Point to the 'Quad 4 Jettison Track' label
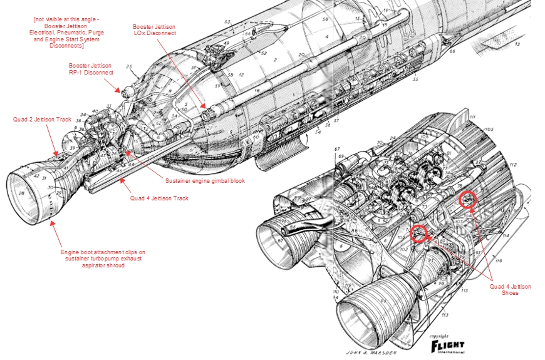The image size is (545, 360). point(159,198)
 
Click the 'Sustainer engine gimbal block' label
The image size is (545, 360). point(205,180)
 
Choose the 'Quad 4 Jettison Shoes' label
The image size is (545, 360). point(511,289)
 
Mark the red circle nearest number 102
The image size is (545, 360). point(418,234)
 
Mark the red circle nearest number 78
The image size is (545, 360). point(467,199)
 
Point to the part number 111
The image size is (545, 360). point(472,117)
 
